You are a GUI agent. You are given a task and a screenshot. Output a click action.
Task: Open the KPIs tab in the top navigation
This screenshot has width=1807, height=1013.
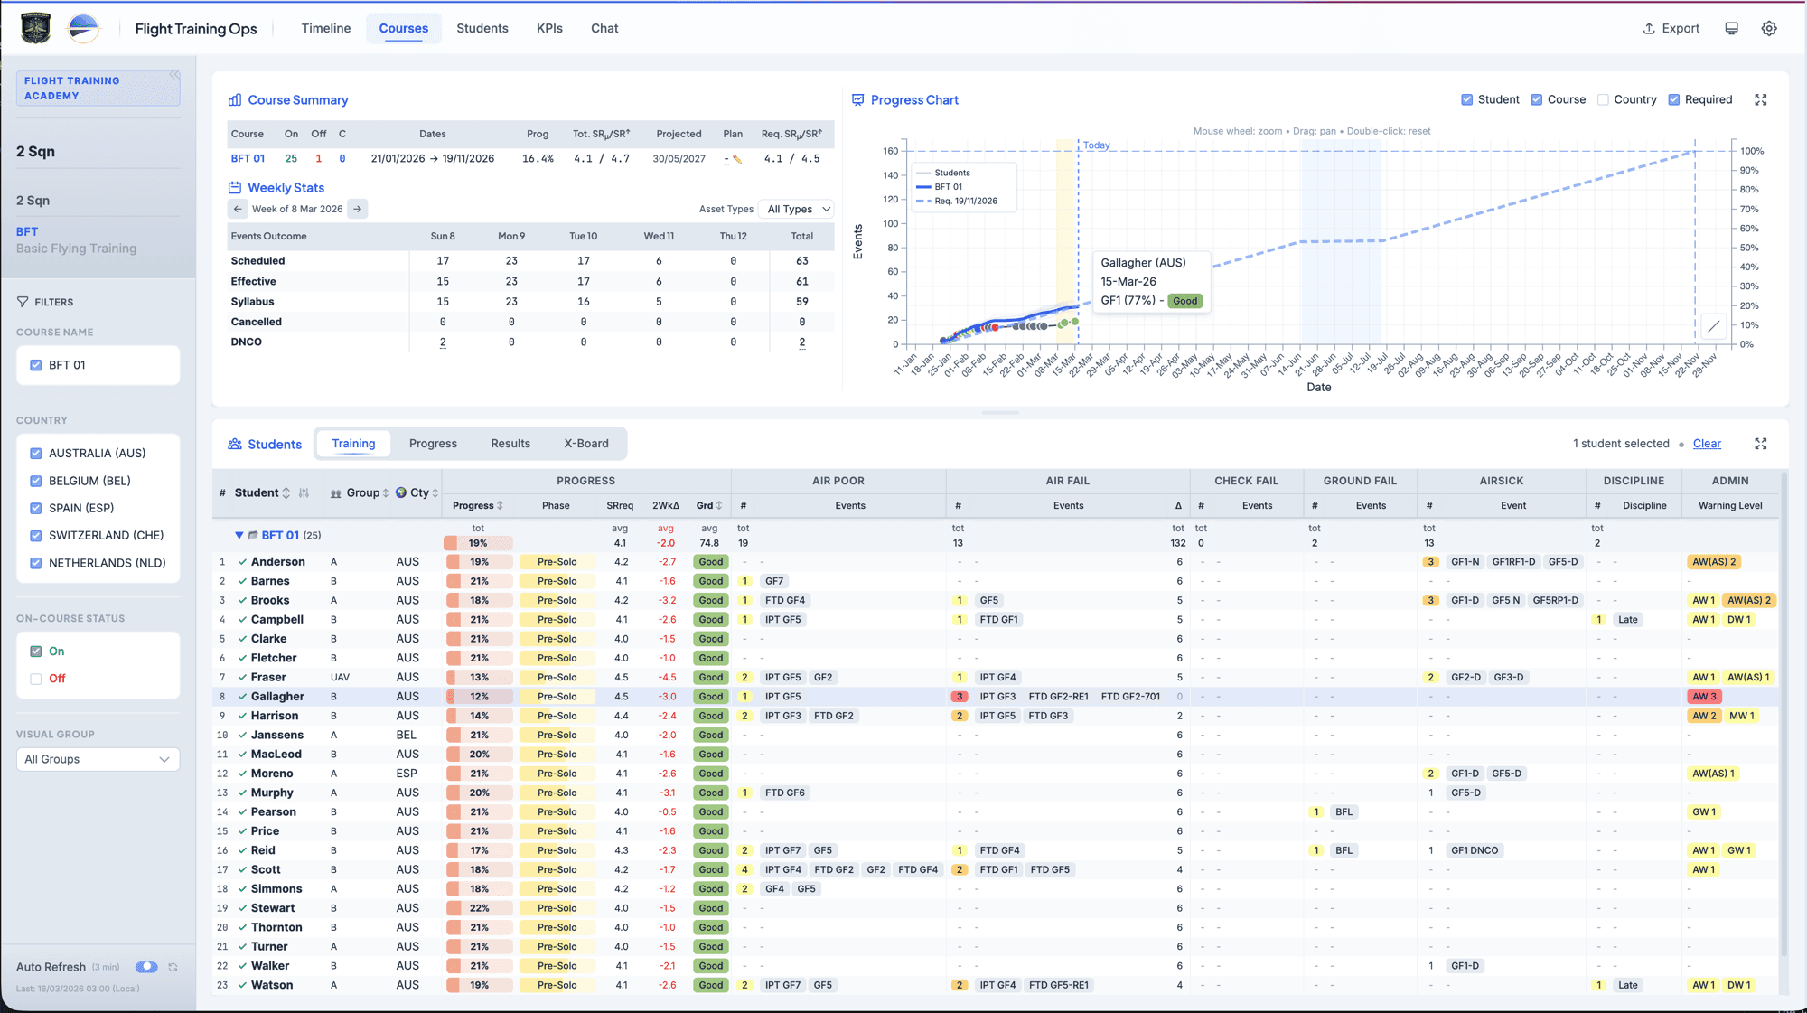coord(549,28)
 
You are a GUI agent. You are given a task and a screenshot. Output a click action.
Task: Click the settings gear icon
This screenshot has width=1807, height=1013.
coord(1769,28)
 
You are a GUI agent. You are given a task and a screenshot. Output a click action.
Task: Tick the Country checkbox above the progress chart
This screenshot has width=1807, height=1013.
coord(1603,99)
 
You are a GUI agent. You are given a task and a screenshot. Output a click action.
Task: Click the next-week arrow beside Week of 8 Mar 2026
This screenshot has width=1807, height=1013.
coord(358,209)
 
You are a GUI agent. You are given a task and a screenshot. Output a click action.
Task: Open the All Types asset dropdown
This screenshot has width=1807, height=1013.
coord(797,209)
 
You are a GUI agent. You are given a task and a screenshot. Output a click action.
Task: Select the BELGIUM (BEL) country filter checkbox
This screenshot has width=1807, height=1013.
coord(36,481)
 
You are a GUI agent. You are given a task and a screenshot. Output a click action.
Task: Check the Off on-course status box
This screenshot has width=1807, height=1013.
coord(36,679)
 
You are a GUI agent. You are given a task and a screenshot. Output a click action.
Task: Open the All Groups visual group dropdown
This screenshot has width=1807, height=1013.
coord(98,759)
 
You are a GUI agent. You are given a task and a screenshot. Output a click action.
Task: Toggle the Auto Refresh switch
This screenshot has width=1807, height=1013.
coord(146,967)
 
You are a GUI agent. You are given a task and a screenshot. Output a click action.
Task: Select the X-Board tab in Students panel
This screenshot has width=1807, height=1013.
coord(585,444)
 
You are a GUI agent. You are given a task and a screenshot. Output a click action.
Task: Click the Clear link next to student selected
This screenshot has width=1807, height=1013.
coord(1706,444)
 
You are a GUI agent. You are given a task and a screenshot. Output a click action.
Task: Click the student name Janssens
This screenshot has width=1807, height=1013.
coord(276,735)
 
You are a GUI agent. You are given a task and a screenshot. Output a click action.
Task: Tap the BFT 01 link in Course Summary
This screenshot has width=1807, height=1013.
coord(248,158)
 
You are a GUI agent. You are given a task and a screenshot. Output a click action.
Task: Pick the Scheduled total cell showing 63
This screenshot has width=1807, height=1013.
coord(801,260)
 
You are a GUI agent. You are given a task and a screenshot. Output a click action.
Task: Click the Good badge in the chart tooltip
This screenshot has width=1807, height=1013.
coord(1184,301)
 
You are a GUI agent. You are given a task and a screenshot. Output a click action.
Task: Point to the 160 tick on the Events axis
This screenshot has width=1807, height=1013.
coord(890,151)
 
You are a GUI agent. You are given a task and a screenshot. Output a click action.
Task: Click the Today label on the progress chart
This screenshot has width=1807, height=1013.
coord(1096,145)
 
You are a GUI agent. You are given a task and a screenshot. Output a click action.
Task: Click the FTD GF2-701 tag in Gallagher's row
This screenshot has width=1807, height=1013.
coord(1130,697)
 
